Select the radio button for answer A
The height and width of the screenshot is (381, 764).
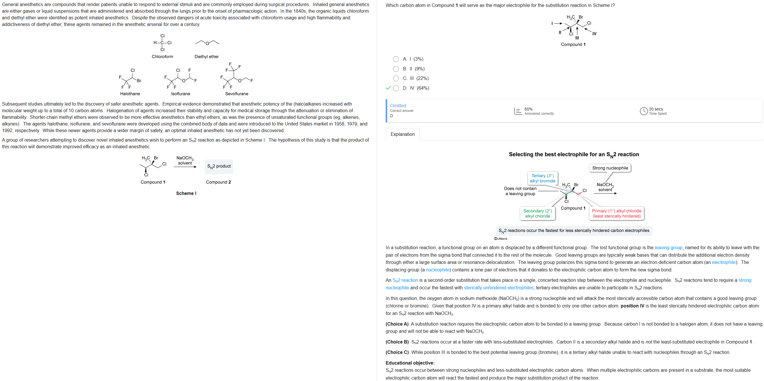tap(396, 59)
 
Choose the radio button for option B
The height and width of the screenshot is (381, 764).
tap(396, 69)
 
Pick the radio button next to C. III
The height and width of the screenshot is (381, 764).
tap(396, 78)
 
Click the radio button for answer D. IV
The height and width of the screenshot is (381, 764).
tap(396, 88)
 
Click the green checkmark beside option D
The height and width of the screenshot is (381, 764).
tap(388, 88)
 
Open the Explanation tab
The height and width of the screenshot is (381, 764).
tap(402, 134)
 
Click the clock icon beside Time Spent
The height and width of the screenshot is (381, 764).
tap(643, 111)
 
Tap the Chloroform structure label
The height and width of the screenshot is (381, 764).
tap(162, 57)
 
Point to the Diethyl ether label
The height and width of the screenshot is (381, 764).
tap(206, 57)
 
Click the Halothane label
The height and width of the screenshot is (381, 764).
tap(130, 94)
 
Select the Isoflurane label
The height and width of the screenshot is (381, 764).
tap(180, 94)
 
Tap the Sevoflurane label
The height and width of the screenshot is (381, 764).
tap(236, 94)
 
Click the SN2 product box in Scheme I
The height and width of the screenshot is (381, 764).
tap(219, 166)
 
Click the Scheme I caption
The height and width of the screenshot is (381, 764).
tap(186, 193)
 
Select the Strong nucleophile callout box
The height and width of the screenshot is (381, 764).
tap(610, 168)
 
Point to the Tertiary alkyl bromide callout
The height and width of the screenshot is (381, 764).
tap(542, 178)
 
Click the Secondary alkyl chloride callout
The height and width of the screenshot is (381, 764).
tap(538, 213)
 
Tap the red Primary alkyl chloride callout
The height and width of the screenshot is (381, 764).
tap(616, 213)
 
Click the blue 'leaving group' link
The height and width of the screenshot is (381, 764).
tap(668, 247)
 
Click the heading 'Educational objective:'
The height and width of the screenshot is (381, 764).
tap(410, 363)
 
